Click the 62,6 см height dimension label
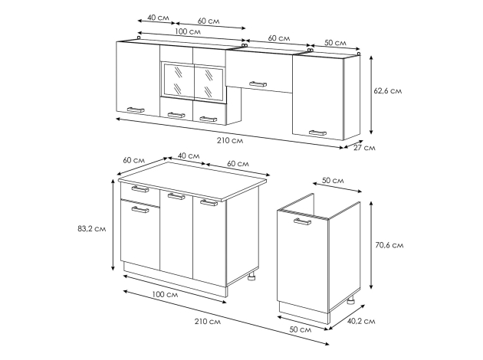[x=387, y=91]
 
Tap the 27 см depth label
[x=364, y=148]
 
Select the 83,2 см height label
[x=92, y=228]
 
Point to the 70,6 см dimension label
[x=389, y=245]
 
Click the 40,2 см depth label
[x=361, y=321]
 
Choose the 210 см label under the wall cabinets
[x=230, y=141]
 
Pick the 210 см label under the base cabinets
[x=208, y=322]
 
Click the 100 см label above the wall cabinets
[x=188, y=31]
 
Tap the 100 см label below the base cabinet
[x=165, y=294]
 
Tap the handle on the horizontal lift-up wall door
[x=258, y=84]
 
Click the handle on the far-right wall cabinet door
[x=317, y=133]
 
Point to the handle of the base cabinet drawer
[x=140, y=188]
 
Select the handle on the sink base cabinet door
[x=303, y=221]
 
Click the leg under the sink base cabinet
[x=350, y=300]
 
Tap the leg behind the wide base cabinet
[x=252, y=277]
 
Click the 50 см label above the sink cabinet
[x=333, y=180]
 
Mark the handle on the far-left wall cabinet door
[x=136, y=110]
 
